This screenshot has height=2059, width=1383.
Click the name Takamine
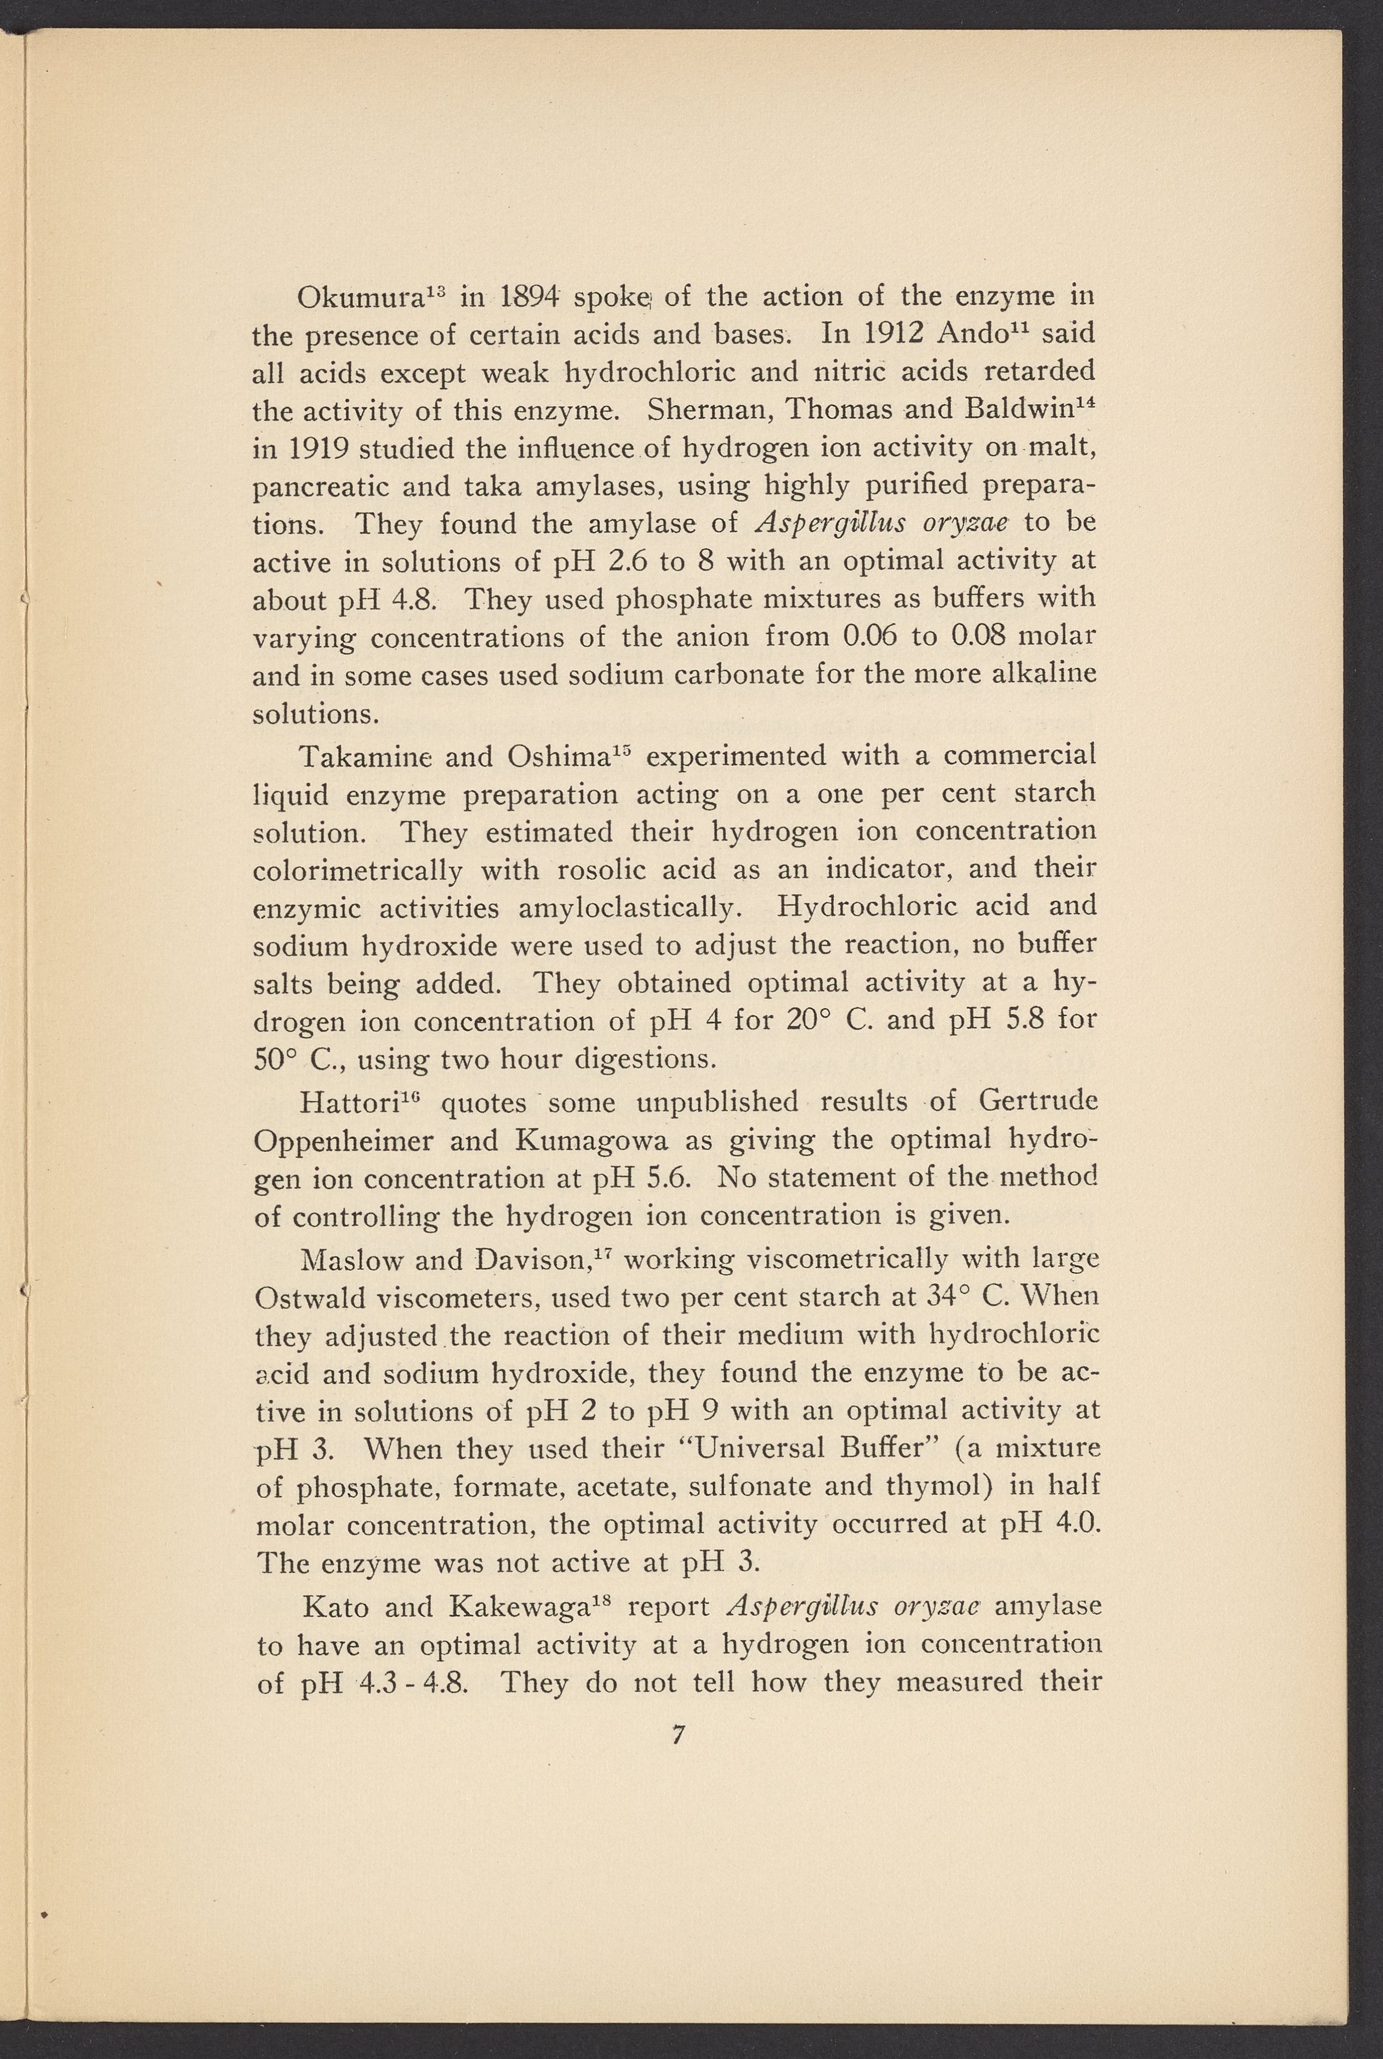pyautogui.click(x=365, y=757)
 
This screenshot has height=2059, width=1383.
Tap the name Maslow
pyautogui.click(x=351, y=1259)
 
